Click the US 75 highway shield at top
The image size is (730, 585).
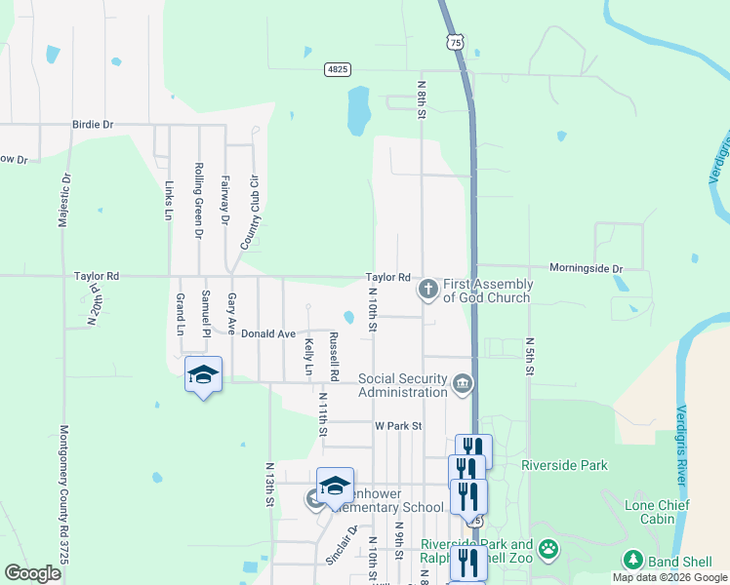[x=454, y=41]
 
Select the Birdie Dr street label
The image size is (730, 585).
[x=93, y=125]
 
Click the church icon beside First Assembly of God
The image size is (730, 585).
[x=427, y=289]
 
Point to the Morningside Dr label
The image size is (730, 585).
[x=585, y=268]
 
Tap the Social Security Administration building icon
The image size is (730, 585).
[x=462, y=385]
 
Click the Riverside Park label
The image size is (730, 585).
[x=564, y=465]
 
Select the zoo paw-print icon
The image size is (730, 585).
[x=549, y=549]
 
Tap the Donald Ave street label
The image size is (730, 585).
[x=268, y=333]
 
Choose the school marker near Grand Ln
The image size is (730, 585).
[x=203, y=375]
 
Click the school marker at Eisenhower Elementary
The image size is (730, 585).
[x=335, y=487]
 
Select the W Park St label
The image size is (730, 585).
[x=398, y=426]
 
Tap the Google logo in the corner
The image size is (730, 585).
[x=32, y=573]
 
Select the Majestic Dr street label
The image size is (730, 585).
[x=64, y=201]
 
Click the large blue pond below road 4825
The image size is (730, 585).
[x=358, y=109]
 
